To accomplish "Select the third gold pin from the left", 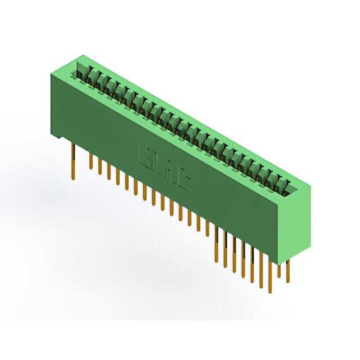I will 100,166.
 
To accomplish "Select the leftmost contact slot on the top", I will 82,71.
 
